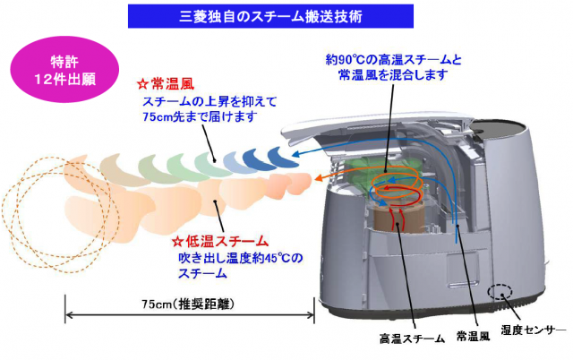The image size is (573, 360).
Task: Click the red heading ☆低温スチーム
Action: click(218, 242)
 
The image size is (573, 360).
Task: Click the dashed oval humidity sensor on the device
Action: click(499, 294)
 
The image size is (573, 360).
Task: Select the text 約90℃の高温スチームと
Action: click(393, 61)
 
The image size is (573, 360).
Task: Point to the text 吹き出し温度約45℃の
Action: click(240, 259)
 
